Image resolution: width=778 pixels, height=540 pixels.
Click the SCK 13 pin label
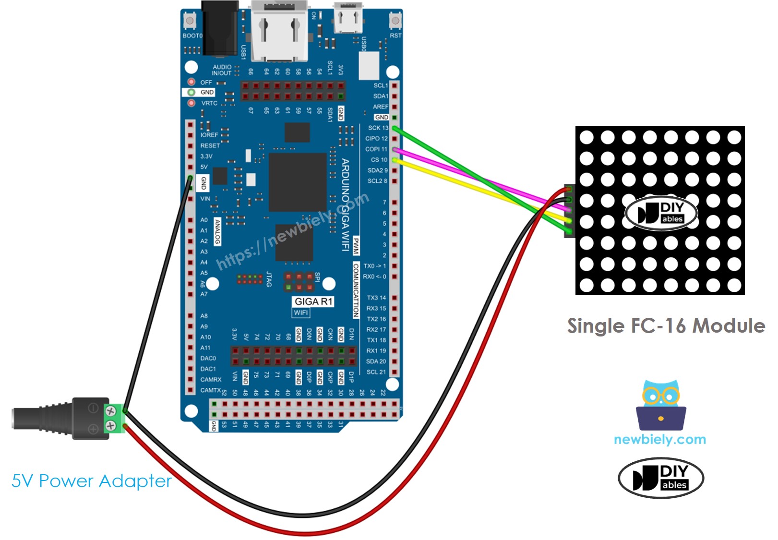[x=378, y=128]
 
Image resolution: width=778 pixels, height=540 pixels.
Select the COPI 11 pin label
[x=376, y=149]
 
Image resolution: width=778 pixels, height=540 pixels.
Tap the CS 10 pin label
[x=379, y=160]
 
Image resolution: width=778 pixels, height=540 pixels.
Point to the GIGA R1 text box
[x=313, y=301]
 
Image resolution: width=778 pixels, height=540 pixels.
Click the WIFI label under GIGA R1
[x=301, y=313]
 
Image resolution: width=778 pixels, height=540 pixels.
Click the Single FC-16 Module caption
[x=666, y=326]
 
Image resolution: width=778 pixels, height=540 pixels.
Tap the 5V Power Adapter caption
[x=91, y=481]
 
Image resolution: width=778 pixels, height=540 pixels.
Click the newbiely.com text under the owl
[x=659, y=439]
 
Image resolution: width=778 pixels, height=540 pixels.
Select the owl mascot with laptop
[x=660, y=406]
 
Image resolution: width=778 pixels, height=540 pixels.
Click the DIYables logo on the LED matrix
[x=661, y=213]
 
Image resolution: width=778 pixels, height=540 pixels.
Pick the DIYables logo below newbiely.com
[x=660, y=478]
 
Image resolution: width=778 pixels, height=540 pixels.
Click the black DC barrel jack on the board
[x=220, y=29]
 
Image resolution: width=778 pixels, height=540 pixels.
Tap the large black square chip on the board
[x=298, y=182]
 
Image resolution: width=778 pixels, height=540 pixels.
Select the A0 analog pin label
[x=204, y=220]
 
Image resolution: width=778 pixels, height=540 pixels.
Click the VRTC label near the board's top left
[x=209, y=103]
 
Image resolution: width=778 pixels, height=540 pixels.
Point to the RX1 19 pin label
[x=376, y=351]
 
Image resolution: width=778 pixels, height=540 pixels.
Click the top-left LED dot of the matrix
[x=586, y=137]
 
